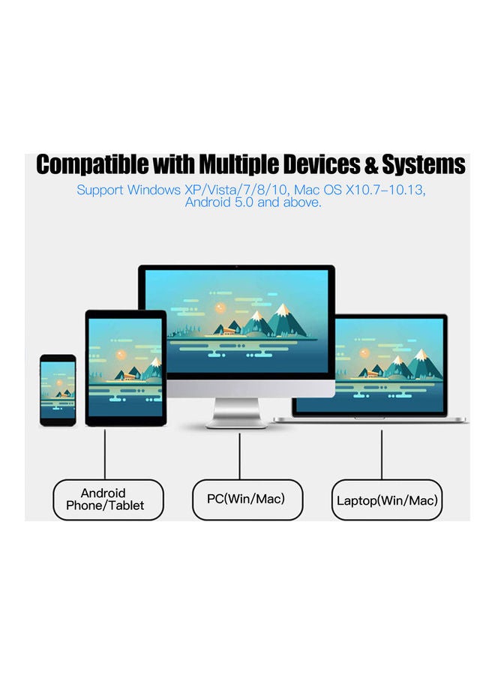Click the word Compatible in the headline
(92, 164)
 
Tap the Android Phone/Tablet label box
(108, 499)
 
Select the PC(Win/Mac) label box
(247, 499)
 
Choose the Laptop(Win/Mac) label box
(387, 499)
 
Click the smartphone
(58, 391)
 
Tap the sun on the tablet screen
(121, 355)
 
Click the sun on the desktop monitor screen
(220, 307)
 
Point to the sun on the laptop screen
(365, 352)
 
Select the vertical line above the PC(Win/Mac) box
(240, 456)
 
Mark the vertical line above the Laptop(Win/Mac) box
(382, 454)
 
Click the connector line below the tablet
(105, 454)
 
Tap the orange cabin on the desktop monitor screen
(228, 331)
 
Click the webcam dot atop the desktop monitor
(236, 267)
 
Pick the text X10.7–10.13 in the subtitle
(385, 190)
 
